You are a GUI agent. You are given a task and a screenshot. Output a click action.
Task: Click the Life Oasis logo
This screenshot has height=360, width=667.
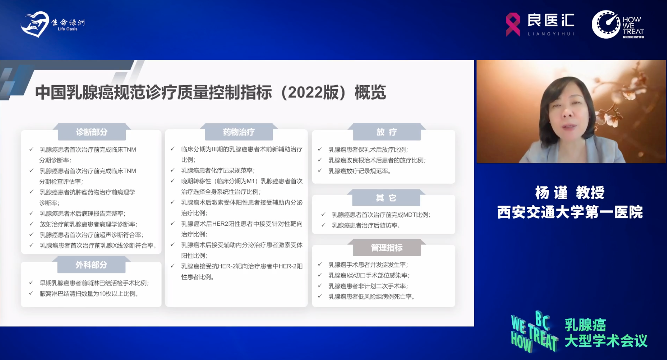[52, 24]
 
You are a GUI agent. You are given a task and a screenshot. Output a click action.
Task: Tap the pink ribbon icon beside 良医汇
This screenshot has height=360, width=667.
[513, 24]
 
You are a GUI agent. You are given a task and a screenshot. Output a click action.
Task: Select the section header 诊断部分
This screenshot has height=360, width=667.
[92, 132]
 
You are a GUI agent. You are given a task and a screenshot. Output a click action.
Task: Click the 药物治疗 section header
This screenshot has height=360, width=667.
[239, 132]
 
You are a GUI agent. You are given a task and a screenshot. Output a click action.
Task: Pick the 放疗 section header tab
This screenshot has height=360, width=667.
[387, 132]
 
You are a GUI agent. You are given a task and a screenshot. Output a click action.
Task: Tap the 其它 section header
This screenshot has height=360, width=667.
[386, 198]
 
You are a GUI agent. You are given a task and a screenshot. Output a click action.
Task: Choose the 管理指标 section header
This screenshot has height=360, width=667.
[387, 248]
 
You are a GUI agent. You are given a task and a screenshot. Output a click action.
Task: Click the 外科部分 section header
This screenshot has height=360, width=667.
[92, 265]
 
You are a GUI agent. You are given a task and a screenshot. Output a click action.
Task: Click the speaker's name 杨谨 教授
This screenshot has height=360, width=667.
[570, 192]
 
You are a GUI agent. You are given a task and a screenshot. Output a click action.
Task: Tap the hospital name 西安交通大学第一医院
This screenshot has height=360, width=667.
[570, 212]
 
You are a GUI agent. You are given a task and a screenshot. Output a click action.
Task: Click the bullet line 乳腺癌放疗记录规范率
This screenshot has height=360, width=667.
[360, 171]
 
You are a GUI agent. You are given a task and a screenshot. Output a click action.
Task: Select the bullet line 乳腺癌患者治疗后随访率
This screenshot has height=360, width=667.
[366, 225]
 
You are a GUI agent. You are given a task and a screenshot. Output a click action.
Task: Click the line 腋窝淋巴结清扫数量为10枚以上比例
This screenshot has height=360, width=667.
[89, 294]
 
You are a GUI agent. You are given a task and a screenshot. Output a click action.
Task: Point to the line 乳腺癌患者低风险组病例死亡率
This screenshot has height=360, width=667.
[371, 297]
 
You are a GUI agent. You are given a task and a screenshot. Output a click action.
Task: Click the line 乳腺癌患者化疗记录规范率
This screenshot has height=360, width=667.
[218, 171]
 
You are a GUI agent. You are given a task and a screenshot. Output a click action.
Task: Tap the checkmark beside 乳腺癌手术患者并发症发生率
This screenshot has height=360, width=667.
[320, 264]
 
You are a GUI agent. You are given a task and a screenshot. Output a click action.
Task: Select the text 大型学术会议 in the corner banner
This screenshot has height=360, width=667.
[606, 341]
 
